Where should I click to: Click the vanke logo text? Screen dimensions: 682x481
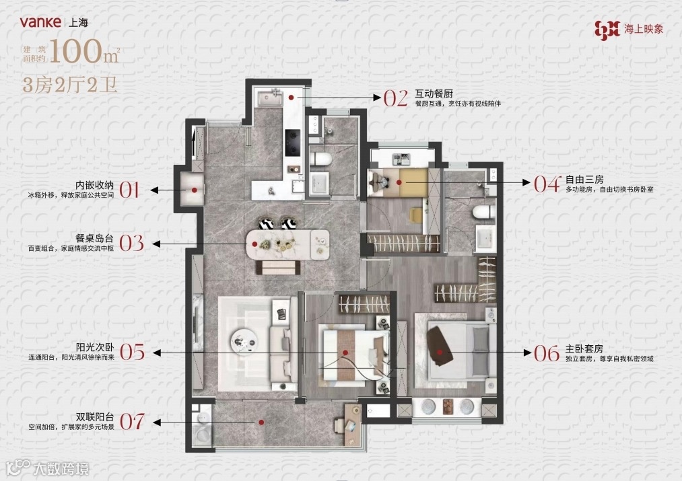coord(40,22)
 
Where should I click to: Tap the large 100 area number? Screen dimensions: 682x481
coord(75,51)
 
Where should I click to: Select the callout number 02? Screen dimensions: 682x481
coord(395,98)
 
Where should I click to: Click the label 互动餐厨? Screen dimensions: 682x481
coord(434,94)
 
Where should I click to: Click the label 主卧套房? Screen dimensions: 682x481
coord(584,349)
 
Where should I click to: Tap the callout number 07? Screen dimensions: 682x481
coord(132,422)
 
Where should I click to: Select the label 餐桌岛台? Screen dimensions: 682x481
coord(94,238)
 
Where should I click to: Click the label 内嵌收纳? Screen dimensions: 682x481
coord(94,185)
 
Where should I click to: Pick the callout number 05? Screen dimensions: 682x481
coord(132,352)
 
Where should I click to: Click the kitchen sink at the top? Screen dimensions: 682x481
coord(270,98)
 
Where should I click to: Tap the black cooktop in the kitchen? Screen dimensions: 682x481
coord(292,142)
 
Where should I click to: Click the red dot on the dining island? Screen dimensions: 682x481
coord(255,245)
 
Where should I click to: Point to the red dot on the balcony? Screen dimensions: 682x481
coord(261,422)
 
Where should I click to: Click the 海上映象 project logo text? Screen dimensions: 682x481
coord(644,29)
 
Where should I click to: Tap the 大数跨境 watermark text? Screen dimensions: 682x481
coord(61,468)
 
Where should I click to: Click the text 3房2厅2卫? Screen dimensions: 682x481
coord(70,85)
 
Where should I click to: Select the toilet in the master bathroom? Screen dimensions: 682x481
coord(483,213)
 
